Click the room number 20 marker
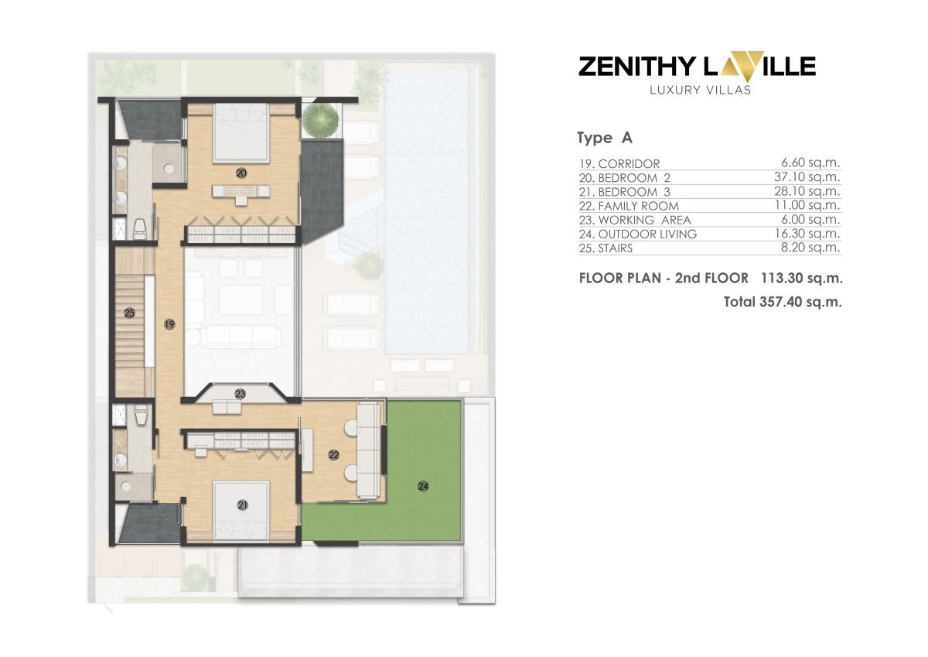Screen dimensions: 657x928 pos(241,174)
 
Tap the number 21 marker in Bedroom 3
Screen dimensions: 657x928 pos(243,505)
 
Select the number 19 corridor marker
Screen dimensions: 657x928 pos(169,326)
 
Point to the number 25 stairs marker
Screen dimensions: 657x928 pos(130,313)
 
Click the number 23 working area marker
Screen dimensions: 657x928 pos(241,394)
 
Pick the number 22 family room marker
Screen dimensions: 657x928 pos(334,455)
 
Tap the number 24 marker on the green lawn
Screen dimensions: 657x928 pos(422,486)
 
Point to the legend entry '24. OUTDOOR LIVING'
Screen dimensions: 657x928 pos(637,234)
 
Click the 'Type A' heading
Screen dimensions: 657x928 pos(605,139)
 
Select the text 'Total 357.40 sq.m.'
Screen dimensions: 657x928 pos(783,302)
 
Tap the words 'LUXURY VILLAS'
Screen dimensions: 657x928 pos(696,90)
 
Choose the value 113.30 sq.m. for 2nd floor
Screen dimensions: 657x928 pos(801,278)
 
